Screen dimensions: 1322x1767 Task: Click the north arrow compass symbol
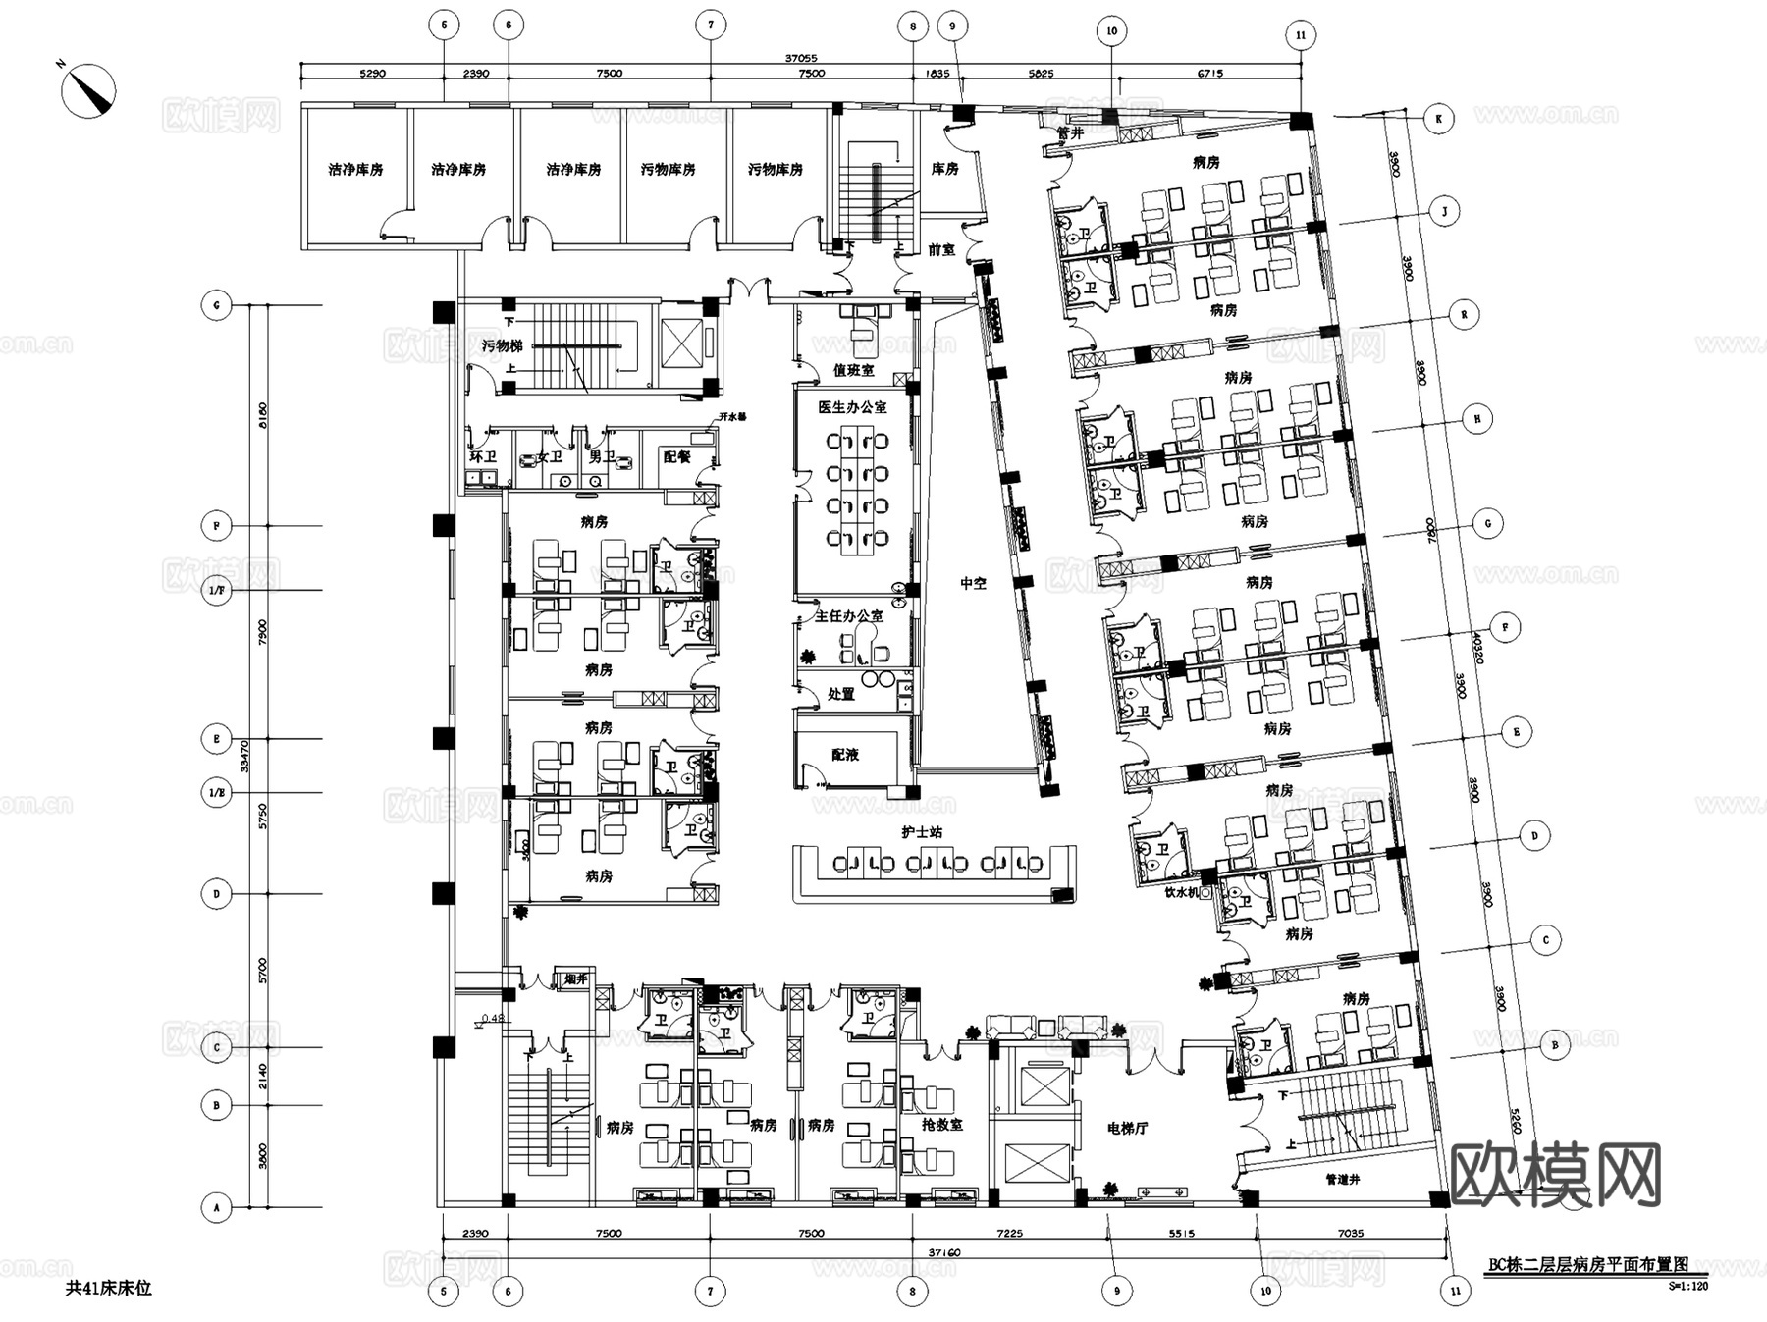coord(89,89)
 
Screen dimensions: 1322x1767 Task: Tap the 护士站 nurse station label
coord(922,832)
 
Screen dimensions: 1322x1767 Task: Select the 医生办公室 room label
coord(852,406)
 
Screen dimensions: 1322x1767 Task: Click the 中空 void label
coord(973,583)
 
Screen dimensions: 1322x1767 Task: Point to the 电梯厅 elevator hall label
coord(1127,1129)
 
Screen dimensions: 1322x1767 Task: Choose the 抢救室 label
coord(942,1125)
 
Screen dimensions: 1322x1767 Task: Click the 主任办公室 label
coord(849,616)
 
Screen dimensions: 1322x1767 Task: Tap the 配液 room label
coord(845,754)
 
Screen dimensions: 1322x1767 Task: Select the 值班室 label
coord(853,370)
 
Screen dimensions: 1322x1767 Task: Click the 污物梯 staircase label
coord(502,345)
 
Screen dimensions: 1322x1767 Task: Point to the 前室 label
coord(941,250)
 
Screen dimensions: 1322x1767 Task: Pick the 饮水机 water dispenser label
coord(1182,893)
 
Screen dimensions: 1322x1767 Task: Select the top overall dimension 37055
coord(801,58)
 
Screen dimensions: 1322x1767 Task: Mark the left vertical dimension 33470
coord(244,755)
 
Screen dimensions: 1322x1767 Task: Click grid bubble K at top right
coord(1438,119)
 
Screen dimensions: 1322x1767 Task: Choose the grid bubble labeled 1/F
coord(217,590)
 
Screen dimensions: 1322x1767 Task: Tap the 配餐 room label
coord(676,456)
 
